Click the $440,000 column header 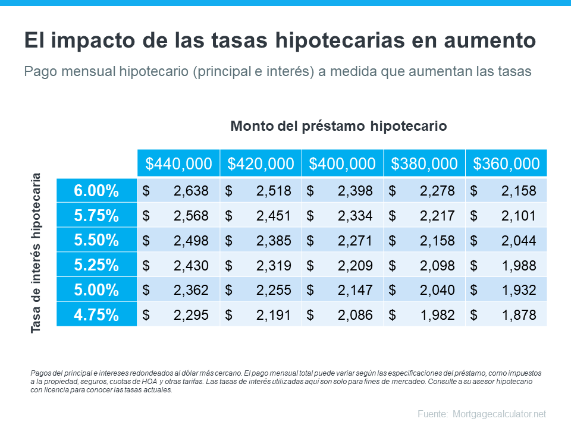click(178, 163)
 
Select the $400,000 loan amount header click(343, 163)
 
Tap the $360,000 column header click(506, 163)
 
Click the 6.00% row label click(96, 191)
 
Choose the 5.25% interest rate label click(96, 265)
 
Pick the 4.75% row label click(96, 314)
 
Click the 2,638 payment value click(191, 191)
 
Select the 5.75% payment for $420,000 click(274, 216)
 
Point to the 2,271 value click(355, 240)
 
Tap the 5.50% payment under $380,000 click(437, 240)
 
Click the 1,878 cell click(519, 314)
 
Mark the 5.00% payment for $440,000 click(191, 289)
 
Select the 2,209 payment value click(355, 265)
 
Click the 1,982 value click(437, 314)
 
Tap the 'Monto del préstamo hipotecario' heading click(338, 126)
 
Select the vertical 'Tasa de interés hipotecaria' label click(36, 253)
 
